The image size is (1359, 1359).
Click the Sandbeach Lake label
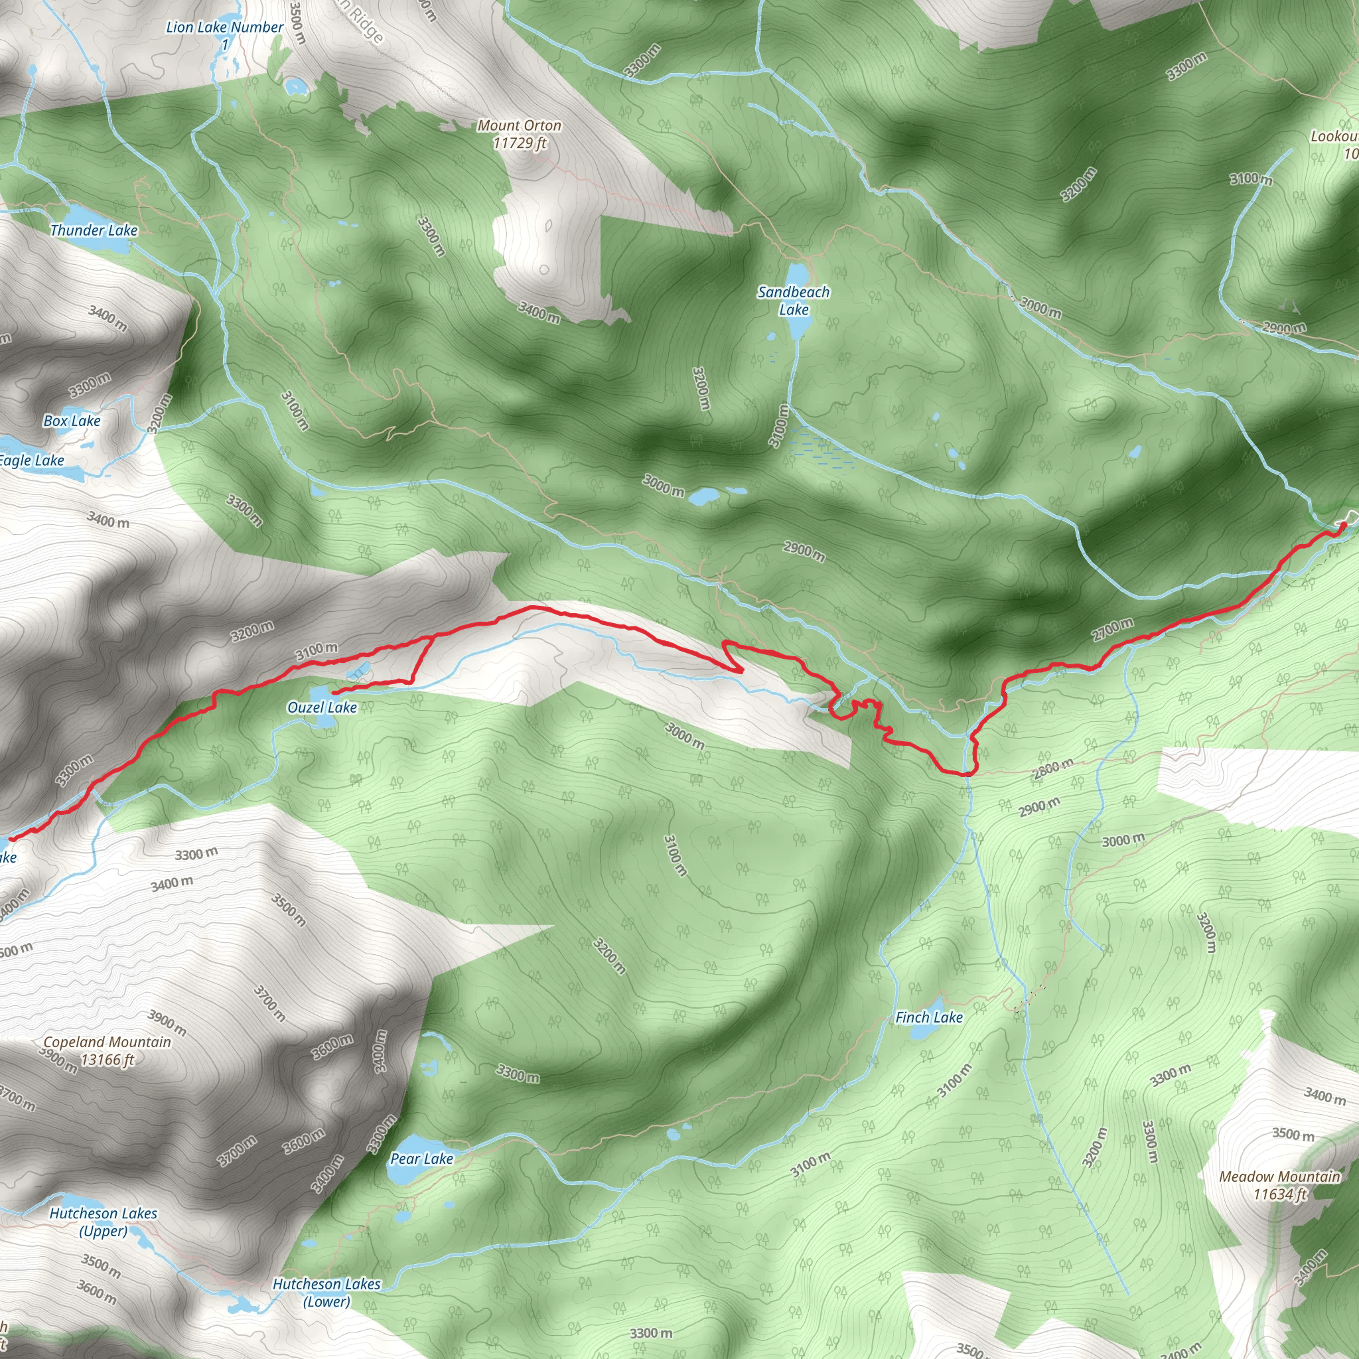794,301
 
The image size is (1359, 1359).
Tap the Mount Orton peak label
519,134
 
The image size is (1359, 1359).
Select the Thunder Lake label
94,231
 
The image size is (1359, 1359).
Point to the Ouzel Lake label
322,707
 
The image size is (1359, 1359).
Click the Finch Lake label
928,1017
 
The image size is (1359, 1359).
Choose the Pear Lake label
421,1159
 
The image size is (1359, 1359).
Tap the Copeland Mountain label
107,1051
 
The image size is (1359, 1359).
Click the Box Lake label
72,421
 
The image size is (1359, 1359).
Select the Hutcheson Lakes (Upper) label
104,1222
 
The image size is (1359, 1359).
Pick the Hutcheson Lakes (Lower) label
326,1292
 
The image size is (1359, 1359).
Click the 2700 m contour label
1112,628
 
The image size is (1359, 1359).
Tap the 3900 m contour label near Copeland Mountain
167,1023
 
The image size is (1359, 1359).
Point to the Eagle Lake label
32,461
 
